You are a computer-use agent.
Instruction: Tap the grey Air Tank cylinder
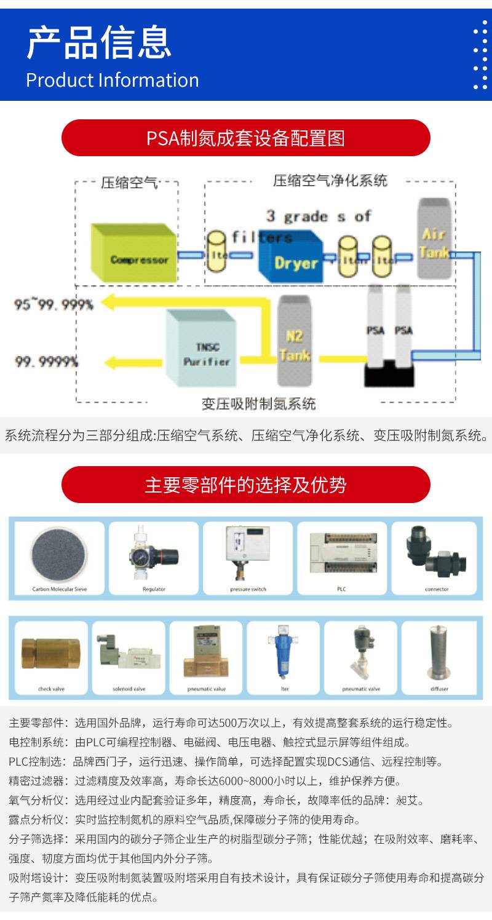tap(434, 239)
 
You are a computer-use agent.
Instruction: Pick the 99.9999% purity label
tap(47, 362)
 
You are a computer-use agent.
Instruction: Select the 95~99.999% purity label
tap(54, 304)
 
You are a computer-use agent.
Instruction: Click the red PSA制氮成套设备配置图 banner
tap(245, 138)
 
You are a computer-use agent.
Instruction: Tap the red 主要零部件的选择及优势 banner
tap(245, 485)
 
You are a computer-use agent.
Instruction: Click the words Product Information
tap(113, 81)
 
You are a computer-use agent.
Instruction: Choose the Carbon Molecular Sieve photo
tap(59, 552)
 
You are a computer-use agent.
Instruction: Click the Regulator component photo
tap(153, 552)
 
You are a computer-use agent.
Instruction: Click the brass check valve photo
tap(51, 653)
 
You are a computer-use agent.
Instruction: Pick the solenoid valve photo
tap(129, 653)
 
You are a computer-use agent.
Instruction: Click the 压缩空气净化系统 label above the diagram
tap(330, 181)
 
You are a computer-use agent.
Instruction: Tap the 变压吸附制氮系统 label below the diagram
tap(258, 404)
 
